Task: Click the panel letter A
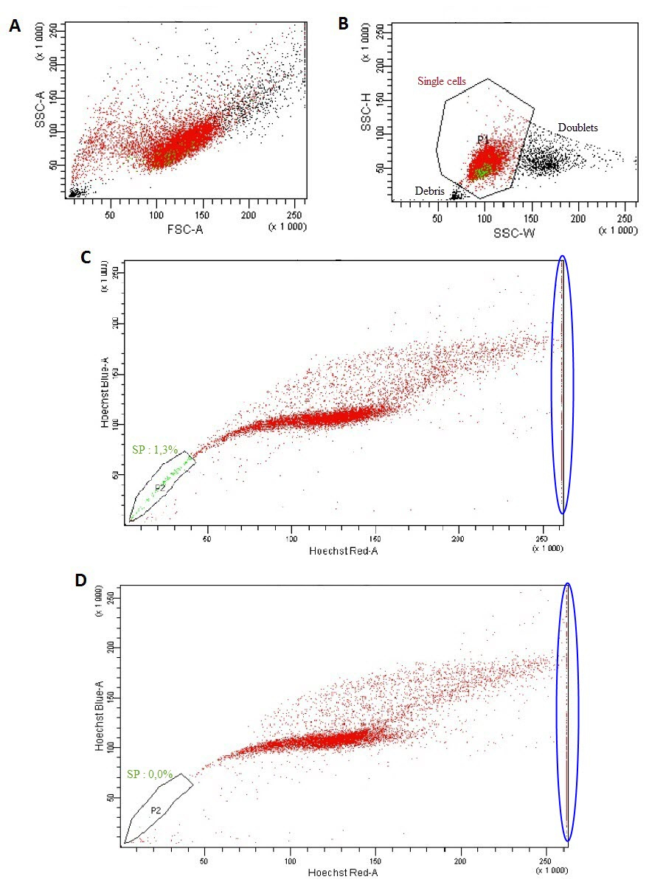tap(14, 27)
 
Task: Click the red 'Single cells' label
tap(442, 81)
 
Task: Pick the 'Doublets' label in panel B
tap(577, 128)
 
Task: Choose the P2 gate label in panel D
tap(156, 810)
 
